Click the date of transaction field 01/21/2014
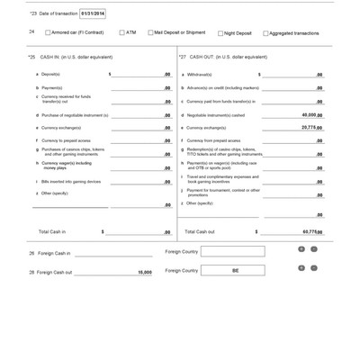(x=92, y=14)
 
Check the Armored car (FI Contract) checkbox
(x=48, y=32)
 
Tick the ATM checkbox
(x=120, y=32)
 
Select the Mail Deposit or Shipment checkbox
(x=150, y=32)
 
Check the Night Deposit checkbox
(x=220, y=33)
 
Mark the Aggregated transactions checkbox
(x=266, y=33)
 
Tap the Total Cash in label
(x=56, y=231)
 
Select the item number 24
(x=31, y=31)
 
